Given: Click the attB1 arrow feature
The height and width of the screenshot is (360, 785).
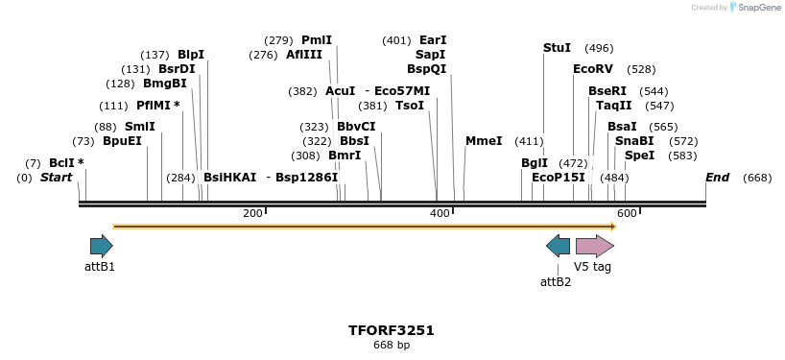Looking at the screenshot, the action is [101, 246].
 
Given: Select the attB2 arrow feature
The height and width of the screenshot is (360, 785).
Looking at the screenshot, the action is [558, 246].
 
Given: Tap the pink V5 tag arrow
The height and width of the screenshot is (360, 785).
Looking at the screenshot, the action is [594, 246].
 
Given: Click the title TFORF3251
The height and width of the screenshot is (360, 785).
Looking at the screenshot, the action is [392, 330].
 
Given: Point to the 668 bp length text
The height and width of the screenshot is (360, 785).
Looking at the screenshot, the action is [392, 345].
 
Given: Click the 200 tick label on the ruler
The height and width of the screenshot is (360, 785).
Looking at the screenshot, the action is [252, 213].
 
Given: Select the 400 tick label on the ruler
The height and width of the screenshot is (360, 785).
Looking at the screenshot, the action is [440, 213].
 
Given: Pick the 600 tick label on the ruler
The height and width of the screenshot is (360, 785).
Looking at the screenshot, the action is [627, 213].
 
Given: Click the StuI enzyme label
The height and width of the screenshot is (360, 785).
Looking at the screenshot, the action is [557, 48].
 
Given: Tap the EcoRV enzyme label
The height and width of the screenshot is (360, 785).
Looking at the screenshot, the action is [592, 69].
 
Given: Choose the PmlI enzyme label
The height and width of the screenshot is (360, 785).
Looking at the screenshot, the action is [316, 40].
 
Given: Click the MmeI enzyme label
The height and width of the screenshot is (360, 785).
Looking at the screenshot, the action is [484, 141].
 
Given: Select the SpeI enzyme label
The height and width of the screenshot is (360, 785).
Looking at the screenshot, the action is [639, 156].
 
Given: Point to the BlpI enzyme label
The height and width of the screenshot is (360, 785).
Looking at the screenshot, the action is [190, 55].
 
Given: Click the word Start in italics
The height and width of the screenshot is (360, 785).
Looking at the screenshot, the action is [57, 178].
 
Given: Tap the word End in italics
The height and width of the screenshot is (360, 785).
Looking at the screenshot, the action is [717, 178].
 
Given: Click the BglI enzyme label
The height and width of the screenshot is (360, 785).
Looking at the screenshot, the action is [534, 163].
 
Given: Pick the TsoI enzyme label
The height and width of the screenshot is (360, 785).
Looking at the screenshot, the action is [410, 106].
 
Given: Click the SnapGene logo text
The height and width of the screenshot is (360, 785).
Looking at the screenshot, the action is [758, 8].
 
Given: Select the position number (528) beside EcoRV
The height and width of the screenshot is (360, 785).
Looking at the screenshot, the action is [641, 69].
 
